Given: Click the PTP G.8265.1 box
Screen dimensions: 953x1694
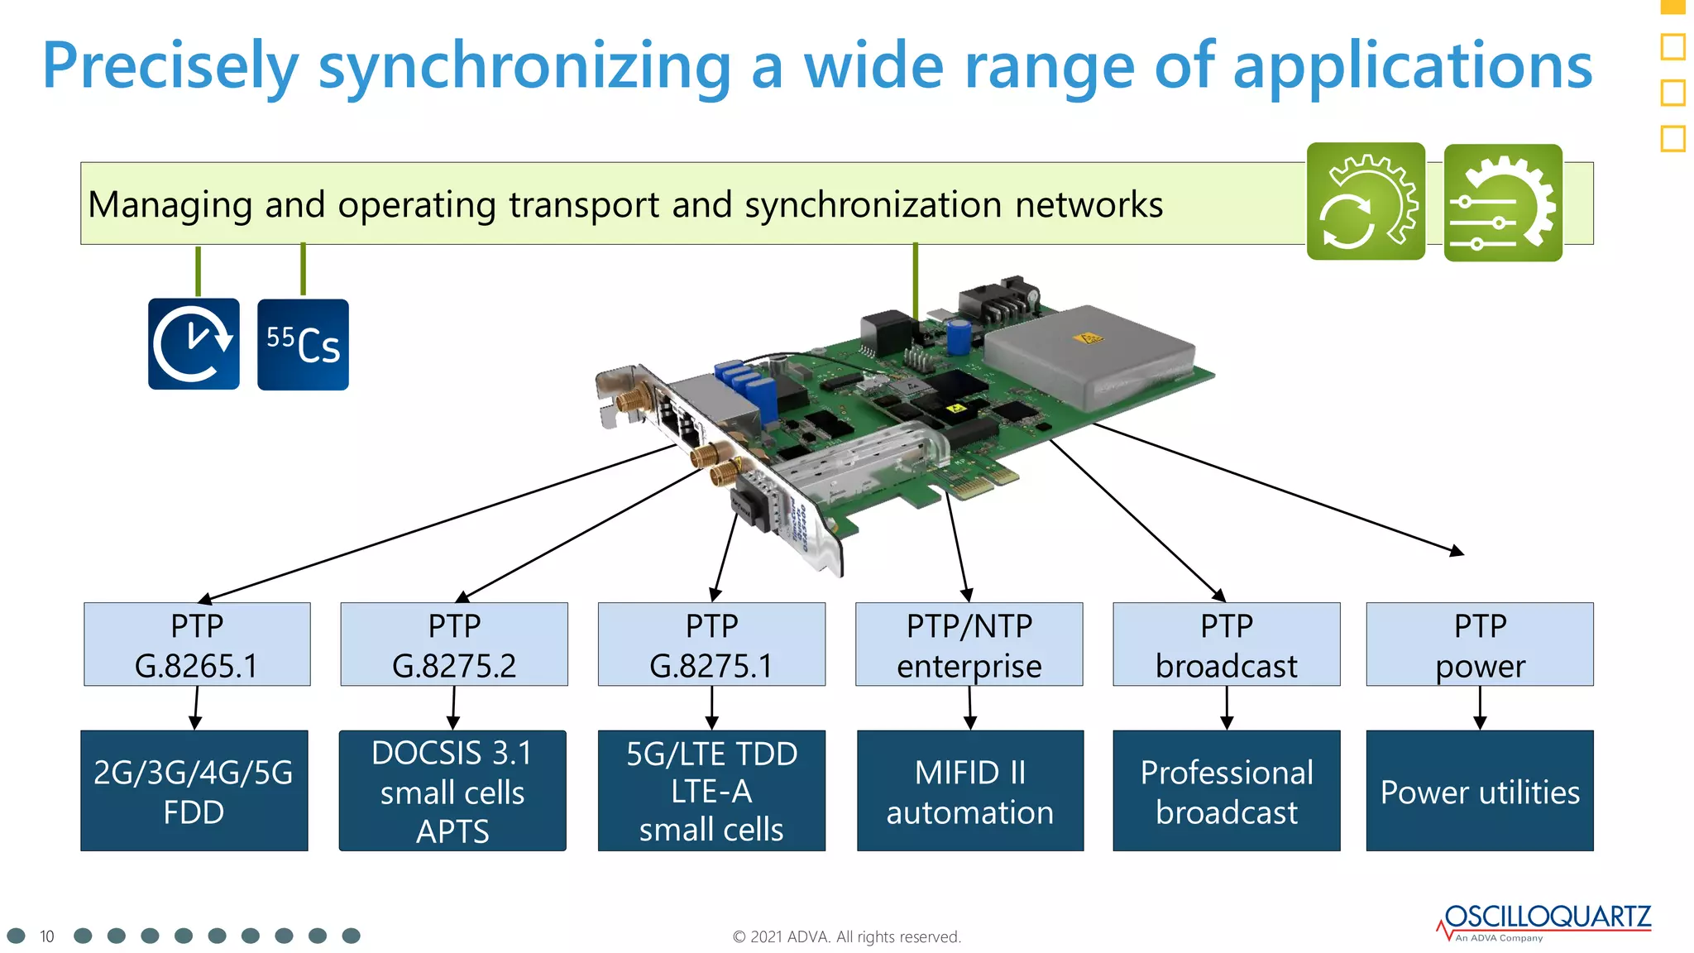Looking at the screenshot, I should (197, 644).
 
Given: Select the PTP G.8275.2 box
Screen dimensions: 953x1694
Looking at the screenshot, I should (453, 644).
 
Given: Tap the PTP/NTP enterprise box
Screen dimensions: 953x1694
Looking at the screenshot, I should (969, 644).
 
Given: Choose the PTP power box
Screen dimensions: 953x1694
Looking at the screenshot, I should (1479, 644).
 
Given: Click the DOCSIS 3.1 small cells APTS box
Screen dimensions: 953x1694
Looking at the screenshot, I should (452, 791).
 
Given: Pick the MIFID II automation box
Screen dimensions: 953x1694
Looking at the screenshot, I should (969, 791).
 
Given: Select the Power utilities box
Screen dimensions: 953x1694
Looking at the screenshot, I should (1479, 791).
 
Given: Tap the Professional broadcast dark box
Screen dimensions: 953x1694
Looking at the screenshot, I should (1226, 791).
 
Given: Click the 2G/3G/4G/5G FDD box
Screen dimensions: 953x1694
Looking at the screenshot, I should (194, 791).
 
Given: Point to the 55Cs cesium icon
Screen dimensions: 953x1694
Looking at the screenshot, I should (303, 344).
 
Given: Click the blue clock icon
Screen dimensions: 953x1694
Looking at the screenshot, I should (194, 344).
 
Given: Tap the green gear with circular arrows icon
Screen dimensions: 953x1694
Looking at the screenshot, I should (1366, 202).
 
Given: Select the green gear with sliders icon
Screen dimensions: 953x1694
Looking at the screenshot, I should (1502, 204).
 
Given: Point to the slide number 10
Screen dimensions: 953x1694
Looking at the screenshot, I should (46, 936).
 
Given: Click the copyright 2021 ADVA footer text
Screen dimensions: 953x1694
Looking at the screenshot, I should (846, 936).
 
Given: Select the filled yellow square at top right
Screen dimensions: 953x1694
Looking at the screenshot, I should (1672, 7).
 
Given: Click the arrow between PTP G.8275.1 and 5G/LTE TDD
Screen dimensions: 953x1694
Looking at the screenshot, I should (711, 708).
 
